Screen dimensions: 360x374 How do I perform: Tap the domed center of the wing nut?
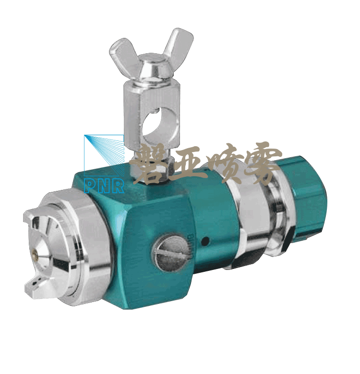pos(152,66)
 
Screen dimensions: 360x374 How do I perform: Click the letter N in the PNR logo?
pos(105,186)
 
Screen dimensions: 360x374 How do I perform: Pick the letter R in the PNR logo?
pos(118,186)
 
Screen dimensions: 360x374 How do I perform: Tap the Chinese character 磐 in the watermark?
pos(151,164)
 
